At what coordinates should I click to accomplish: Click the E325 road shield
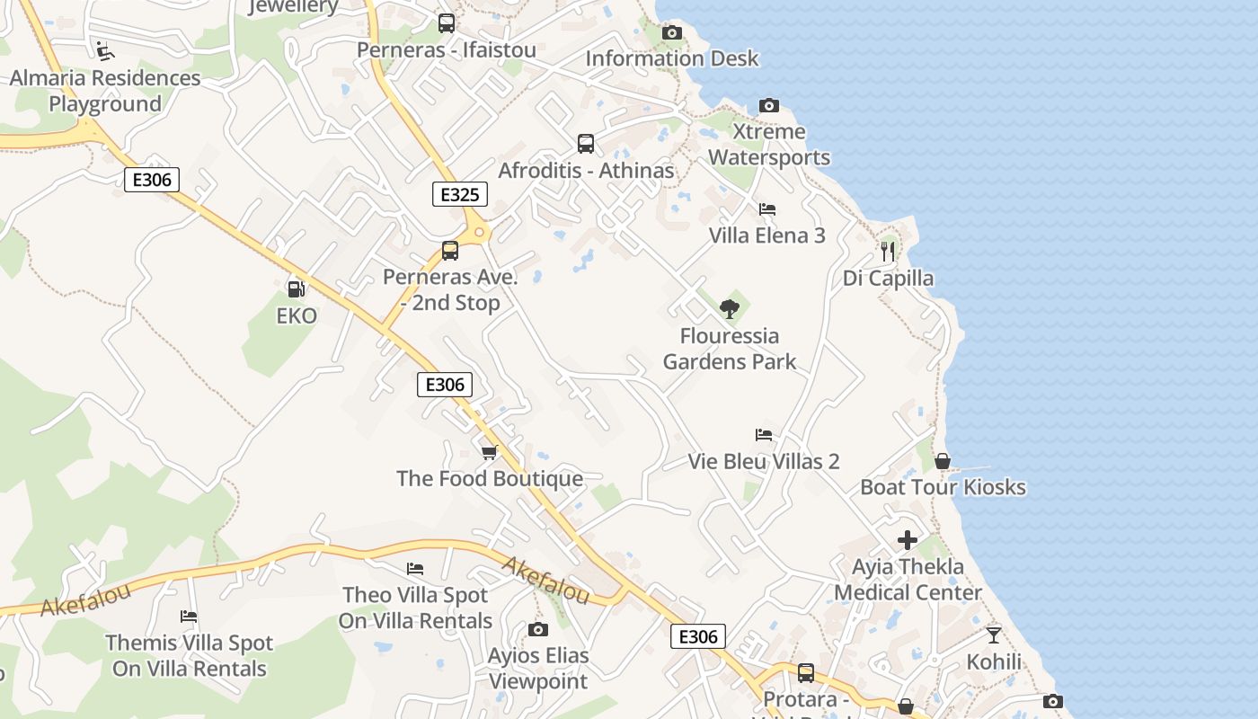[460, 194]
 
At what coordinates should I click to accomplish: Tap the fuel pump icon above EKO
[296, 289]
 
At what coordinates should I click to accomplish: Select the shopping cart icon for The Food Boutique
[489, 452]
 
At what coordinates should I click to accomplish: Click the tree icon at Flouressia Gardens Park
[729, 309]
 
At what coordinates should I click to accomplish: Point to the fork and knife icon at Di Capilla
[888, 252]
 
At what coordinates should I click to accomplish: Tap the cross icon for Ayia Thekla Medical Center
[908, 540]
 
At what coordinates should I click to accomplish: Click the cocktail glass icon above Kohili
[993, 635]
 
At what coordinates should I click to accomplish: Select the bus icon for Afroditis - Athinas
[586, 144]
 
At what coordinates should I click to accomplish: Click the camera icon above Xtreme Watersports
[768, 105]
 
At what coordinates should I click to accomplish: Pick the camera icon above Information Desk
[671, 33]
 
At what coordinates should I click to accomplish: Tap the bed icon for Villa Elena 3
[766, 209]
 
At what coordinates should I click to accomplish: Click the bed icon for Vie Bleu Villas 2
[764, 435]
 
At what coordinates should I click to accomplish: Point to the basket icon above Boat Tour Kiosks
[943, 461]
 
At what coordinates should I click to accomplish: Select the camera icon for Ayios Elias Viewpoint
[537, 629]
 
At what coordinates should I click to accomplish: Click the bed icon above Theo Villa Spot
[415, 569]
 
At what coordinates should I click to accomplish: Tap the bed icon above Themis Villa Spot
[189, 617]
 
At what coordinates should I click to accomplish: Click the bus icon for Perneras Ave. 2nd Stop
[450, 251]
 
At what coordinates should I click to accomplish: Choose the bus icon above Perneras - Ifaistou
[447, 23]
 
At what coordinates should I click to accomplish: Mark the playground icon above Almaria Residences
[104, 50]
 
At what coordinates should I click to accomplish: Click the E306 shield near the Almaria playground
[151, 180]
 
